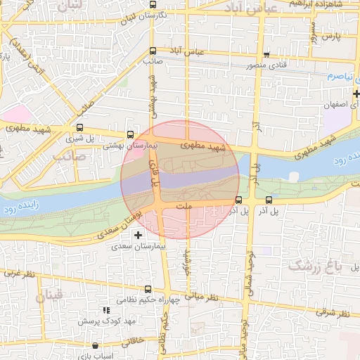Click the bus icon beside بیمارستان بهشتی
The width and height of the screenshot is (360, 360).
click(x=129, y=134)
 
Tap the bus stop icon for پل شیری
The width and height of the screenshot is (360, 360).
click(x=79, y=129)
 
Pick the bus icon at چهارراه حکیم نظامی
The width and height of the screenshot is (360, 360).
click(x=148, y=289)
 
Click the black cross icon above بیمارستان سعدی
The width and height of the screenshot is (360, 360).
click(x=138, y=235)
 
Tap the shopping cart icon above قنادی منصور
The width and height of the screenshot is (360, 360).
click(x=266, y=54)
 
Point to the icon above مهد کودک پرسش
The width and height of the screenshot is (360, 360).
click(x=106, y=309)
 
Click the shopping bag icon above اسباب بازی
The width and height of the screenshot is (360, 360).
click(x=96, y=345)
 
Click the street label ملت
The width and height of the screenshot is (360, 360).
click(x=185, y=207)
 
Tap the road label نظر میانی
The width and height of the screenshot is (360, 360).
click(x=205, y=297)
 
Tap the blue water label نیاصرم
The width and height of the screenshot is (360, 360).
click(x=330, y=76)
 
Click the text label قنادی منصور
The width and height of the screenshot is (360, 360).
click(x=262, y=65)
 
